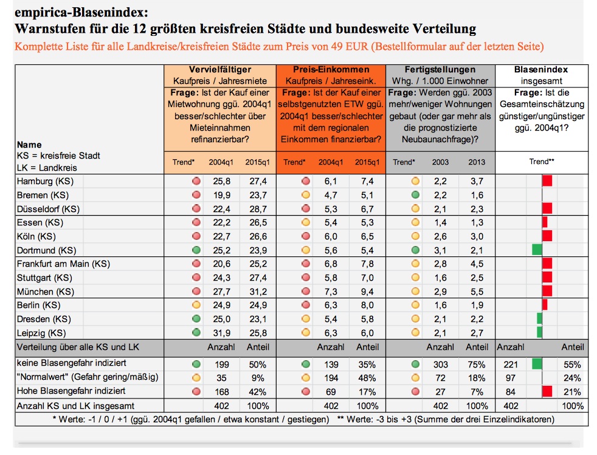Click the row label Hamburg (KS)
coord(45,181)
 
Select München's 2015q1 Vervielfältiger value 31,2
coord(258,292)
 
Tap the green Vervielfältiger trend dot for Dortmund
coord(196,250)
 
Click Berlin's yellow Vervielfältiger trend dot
coord(196,305)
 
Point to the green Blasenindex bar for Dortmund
coord(537,250)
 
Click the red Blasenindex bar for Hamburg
coord(547,180)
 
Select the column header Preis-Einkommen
coord(331,70)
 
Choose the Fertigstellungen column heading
coord(440,70)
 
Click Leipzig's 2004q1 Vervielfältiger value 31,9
coord(221,333)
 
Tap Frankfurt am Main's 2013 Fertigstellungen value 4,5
coord(477,264)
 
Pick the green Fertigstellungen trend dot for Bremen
coord(415,195)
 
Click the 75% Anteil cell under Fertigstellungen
coord(476,364)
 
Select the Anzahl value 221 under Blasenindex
coord(511,364)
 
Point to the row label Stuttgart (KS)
coord(44,278)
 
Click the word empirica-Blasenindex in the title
coord(81,13)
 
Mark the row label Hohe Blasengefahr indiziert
coord(71,391)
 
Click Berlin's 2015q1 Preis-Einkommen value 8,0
coord(367,305)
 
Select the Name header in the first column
coord(29,145)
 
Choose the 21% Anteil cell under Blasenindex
coord(572,392)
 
